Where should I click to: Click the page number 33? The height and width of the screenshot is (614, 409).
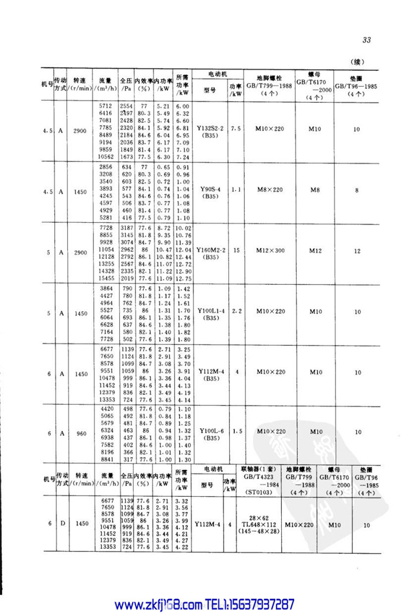(366, 39)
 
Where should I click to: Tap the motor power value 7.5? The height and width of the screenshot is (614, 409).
(237, 128)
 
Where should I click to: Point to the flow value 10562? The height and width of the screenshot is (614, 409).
(105, 157)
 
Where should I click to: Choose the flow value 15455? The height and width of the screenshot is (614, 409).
(105, 279)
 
